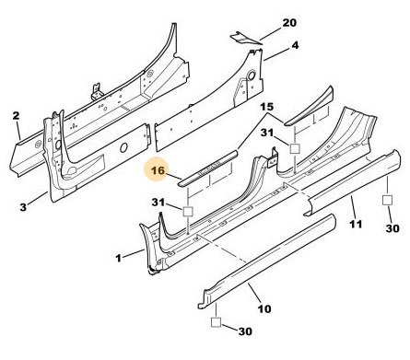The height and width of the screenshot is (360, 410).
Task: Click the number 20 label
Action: click(289, 23)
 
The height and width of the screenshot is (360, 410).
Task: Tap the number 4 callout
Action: click(295, 45)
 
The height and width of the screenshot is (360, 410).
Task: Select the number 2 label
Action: click(16, 116)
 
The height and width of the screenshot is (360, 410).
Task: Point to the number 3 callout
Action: click(23, 207)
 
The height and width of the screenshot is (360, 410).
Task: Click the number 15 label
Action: click(267, 107)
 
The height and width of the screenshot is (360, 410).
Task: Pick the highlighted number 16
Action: click(158, 169)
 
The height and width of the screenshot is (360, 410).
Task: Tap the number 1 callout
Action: click(118, 258)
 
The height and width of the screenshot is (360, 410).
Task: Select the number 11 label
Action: click(356, 225)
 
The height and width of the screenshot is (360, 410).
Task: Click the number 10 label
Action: click(264, 308)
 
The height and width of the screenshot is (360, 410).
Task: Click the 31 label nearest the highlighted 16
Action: click(158, 203)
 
